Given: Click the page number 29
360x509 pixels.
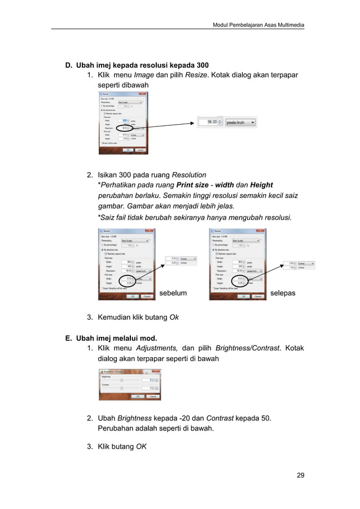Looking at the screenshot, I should pos(300,475).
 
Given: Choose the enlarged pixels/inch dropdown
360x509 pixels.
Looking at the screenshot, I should pos(239,121).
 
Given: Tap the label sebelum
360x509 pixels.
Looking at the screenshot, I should pos(173,293).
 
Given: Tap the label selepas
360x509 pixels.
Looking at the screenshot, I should pos(284,293).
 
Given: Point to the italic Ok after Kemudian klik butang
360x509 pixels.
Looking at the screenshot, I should pos(174,318).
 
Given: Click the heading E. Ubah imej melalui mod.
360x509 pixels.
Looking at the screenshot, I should pos(114,338).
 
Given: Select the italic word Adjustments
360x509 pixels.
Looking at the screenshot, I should pos(157,348).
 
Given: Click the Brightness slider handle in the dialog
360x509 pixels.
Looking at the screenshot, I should pos(121,380).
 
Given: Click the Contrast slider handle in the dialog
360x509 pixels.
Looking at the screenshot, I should pos(121,388).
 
